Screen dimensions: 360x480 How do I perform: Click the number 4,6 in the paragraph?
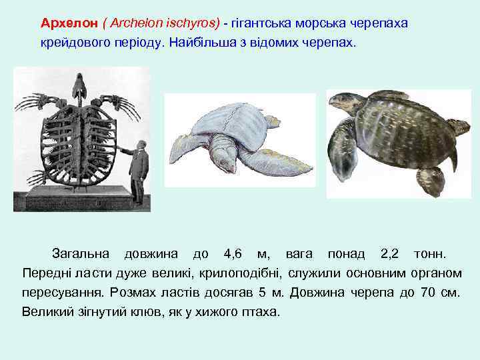pyautogui.click(x=233, y=254)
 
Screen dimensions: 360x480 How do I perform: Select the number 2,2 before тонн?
pyautogui.click(x=389, y=254)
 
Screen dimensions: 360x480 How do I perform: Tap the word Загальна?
pyautogui.click(x=80, y=254)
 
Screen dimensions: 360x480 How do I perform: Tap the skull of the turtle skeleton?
pyautogui.click(x=81, y=84)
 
